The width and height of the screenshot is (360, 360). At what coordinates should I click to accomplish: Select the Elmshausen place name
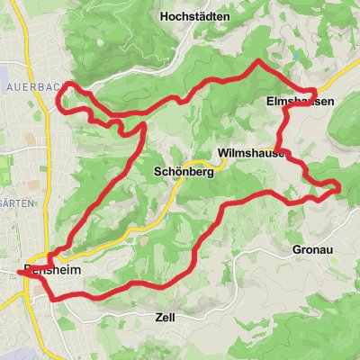pos(301,103)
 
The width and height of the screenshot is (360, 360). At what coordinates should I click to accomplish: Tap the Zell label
pos(158,318)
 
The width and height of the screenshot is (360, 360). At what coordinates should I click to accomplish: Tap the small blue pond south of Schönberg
pos(167,217)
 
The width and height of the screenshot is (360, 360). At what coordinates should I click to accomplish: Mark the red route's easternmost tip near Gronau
pos(339,186)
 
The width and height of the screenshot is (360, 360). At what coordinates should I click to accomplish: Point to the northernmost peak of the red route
pos(259,62)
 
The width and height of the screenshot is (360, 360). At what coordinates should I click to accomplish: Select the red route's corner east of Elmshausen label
pos(314,92)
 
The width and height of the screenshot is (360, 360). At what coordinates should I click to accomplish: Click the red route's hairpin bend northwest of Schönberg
pos(141,126)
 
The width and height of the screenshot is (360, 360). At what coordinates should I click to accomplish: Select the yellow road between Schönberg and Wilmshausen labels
pos(214,164)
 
